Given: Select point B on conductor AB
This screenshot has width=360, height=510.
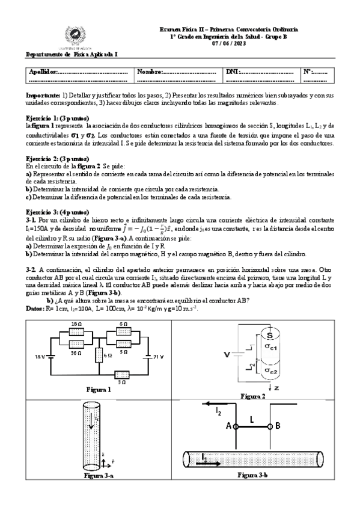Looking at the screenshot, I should coord(270,426).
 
